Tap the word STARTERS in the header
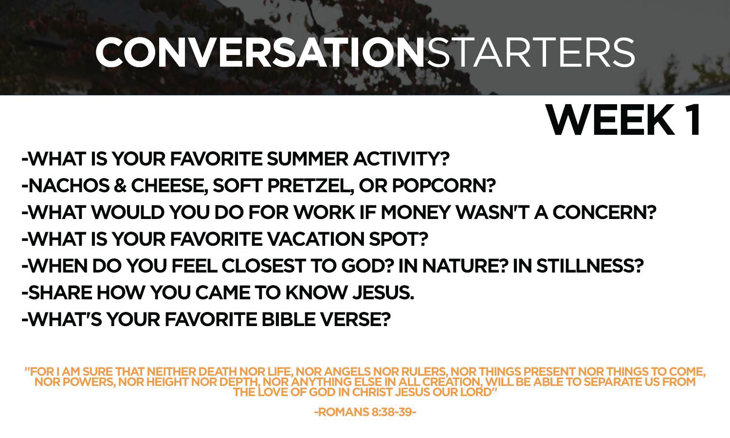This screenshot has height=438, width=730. click(530, 52)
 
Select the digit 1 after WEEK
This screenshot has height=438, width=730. click(693, 120)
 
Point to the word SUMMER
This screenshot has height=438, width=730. click(308, 159)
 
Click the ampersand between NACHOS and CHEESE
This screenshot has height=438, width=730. click(120, 186)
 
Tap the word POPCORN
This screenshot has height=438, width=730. click(444, 186)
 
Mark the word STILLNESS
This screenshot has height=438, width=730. click(590, 266)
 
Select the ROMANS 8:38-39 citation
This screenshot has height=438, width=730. click(365, 412)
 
